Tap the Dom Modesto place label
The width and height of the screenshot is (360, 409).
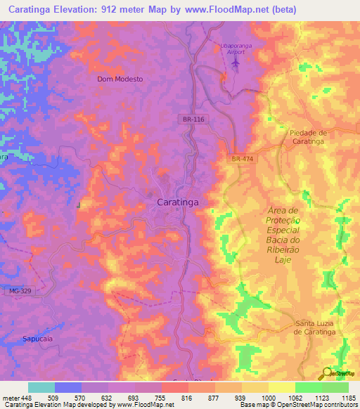point(120,79)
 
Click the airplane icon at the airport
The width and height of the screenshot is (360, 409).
point(235,63)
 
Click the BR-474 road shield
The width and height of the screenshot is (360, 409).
point(241,160)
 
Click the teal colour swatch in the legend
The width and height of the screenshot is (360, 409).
point(41,387)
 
